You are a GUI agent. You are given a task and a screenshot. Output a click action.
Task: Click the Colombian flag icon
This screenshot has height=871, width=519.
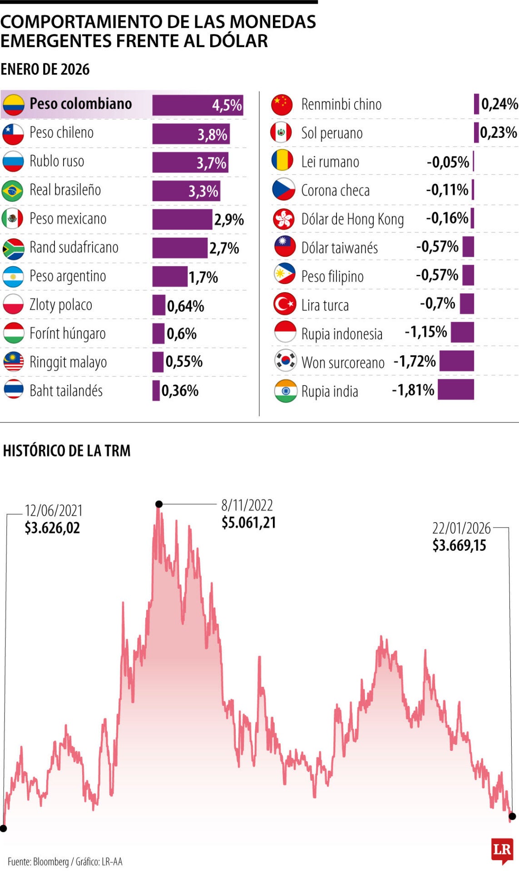pyautogui.click(x=13, y=105)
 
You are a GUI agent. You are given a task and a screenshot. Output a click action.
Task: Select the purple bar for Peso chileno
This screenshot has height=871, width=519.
pyautogui.click(x=191, y=134)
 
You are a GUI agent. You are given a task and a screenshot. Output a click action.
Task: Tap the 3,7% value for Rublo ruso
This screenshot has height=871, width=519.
pyautogui.click(x=211, y=163)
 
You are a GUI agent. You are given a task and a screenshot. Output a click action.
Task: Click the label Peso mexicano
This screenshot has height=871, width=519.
pyautogui.click(x=68, y=219)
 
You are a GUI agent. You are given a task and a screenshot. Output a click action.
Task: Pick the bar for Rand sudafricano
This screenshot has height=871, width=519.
pyautogui.click(x=179, y=248)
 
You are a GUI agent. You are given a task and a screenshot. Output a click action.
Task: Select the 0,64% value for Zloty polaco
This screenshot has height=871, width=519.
pyautogui.click(x=185, y=306)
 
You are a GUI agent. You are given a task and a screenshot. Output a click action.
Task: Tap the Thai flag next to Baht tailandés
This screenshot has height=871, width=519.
pyautogui.click(x=13, y=390)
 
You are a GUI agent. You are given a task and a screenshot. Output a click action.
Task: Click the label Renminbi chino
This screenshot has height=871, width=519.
pyautogui.click(x=341, y=104)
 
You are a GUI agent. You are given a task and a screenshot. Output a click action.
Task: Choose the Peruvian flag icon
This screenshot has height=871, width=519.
pyautogui.click(x=282, y=132)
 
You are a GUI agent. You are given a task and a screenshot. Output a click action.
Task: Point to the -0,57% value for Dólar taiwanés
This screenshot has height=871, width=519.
pyautogui.click(x=437, y=247)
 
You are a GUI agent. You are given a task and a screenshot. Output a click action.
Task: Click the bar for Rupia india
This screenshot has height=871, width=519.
pyautogui.click(x=455, y=390)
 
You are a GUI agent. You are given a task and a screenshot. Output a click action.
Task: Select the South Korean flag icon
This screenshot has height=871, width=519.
pyautogui.click(x=285, y=361)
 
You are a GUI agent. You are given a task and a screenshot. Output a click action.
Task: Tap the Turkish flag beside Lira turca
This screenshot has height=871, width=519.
pyautogui.click(x=285, y=304)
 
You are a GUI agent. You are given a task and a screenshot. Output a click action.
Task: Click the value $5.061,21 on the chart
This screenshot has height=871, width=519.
pyautogui.click(x=248, y=523)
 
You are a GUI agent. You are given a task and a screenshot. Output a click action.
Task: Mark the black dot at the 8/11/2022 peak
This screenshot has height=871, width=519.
pyautogui.click(x=159, y=504)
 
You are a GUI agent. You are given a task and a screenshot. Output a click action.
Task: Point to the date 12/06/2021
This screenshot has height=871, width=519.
pyautogui.click(x=54, y=511)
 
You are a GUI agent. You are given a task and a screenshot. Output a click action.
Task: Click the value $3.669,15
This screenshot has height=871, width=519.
pyautogui.click(x=459, y=545)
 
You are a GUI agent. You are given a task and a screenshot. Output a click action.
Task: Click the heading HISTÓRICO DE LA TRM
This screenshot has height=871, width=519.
pyautogui.click(x=67, y=450)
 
